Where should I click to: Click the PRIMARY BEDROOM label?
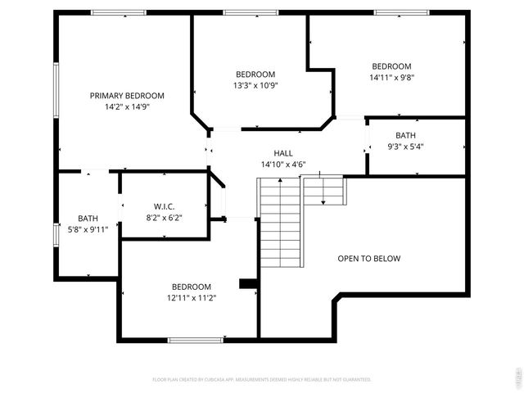(127, 96)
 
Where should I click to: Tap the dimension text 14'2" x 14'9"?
(127, 106)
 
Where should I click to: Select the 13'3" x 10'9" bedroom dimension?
(255, 85)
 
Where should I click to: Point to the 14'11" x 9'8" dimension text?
(391, 78)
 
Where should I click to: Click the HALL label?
(282, 153)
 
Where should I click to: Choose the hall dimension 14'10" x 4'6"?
(282, 165)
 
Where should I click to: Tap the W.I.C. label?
(164, 206)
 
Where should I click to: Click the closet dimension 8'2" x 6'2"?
(164, 218)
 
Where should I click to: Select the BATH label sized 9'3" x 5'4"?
(405, 136)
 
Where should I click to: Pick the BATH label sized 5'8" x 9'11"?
(88, 219)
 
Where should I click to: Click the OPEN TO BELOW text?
(369, 259)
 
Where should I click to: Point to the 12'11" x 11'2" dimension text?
(191, 298)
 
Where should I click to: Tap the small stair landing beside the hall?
(325, 192)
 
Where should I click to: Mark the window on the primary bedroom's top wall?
(119, 12)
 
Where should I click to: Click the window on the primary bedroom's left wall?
(56, 90)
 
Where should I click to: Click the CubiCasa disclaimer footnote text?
(262, 379)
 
